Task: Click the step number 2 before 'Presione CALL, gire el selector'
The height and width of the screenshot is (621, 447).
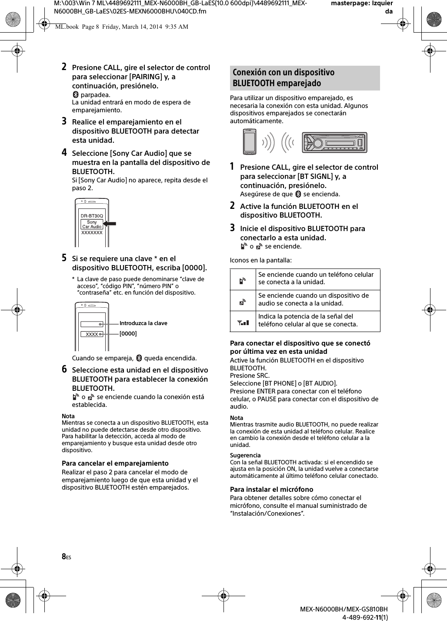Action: coord(64,67)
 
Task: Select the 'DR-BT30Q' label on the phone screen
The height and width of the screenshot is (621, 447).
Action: coord(92,216)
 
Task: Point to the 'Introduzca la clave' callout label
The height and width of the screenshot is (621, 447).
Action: coord(143,323)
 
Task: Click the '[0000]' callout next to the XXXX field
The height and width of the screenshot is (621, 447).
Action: coord(128,334)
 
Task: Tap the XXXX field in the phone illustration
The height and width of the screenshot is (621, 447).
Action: coord(92,334)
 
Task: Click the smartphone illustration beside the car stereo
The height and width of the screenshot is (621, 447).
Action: coord(250,141)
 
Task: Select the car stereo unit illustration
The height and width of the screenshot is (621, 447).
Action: coord(334,142)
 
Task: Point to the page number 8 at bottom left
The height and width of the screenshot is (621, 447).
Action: coord(64,557)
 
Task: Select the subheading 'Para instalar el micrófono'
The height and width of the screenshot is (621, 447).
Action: coord(271,489)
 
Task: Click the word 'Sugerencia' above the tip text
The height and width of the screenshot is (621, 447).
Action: coord(245,455)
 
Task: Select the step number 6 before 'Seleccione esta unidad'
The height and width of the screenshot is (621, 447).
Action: coord(64,369)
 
